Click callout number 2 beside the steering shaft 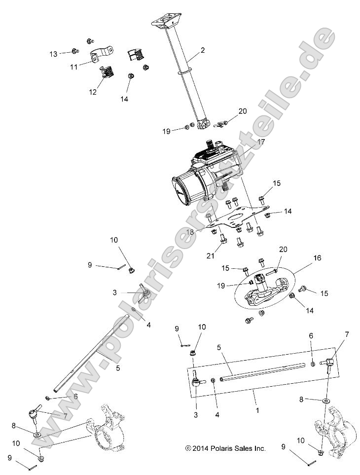pyautogui.click(x=203, y=50)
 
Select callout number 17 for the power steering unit pyautogui.click(x=261, y=142)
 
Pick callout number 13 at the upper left pyautogui.click(x=53, y=52)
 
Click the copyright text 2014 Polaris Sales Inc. pyautogui.click(x=225, y=448)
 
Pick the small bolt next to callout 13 pyautogui.click(x=74, y=51)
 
